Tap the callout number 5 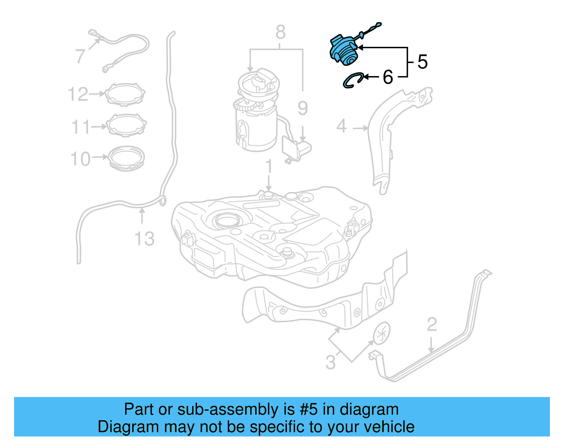click(422, 62)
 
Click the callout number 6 click(388, 77)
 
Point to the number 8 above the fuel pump click(280, 32)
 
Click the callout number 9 click(302, 108)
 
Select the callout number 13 click(145, 239)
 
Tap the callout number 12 click(78, 94)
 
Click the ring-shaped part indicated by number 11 click(126, 125)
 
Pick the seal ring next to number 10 click(126, 159)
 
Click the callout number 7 click(80, 56)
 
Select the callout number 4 click(341, 126)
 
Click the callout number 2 click(432, 324)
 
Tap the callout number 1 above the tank click(269, 166)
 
